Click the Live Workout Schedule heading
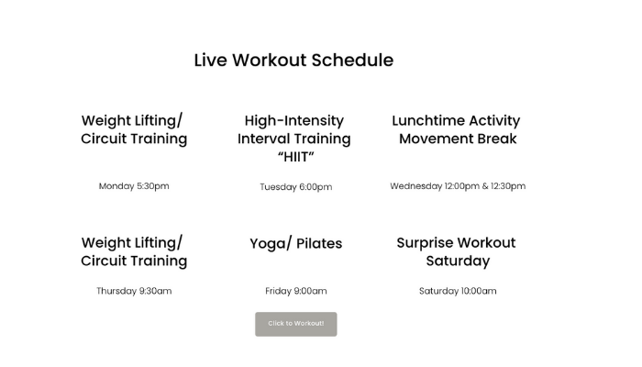click(x=293, y=61)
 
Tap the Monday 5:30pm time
click(x=134, y=186)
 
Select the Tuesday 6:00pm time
click(x=296, y=187)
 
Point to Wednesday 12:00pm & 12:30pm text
click(x=458, y=186)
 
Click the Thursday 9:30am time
click(x=134, y=291)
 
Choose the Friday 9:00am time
click(x=296, y=291)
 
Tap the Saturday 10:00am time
click(x=458, y=291)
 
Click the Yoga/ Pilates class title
click(x=296, y=243)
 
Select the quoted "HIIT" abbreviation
click(x=296, y=157)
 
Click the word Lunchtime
click(x=428, y=120)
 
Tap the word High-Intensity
click(x=294, y=121)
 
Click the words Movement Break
click(x=458, y=139)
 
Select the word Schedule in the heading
click(x=352, y=61)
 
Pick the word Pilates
click(x=319, y=243)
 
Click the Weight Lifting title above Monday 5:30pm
click(x=134, y=129)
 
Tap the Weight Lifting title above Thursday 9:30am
click(x=134, y=251)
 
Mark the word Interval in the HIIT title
click(x=264, y=139)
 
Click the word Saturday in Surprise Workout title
click(x=458, y=261)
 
